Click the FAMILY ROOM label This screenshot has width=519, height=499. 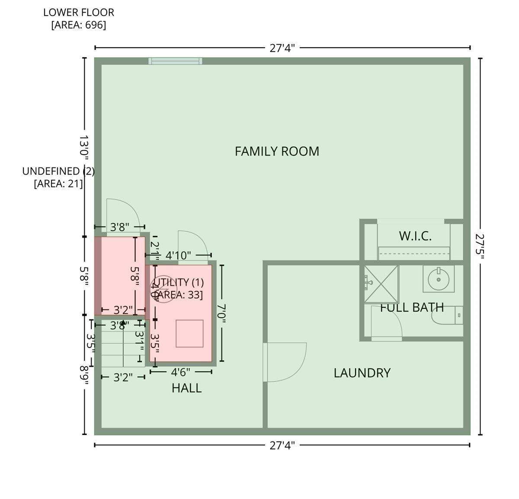pos(277,151)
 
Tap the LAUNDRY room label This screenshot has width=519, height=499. pos(362,373)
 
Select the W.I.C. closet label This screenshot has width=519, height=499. pos(415,236)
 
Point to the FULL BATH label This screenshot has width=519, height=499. pos(412,308)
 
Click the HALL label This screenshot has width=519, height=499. pos(186,388)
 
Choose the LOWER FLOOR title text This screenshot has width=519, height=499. pos(79,13)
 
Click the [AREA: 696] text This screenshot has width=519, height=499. pos(79,25)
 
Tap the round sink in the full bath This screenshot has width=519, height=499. pos(439,279)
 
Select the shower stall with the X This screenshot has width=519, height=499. pos(381,283)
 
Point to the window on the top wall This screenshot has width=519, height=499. pos(175,61)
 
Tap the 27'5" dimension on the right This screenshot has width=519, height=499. pos(480,246)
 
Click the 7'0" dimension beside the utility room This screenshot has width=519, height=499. pos(221,313)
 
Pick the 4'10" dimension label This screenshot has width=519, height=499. pos(178,256)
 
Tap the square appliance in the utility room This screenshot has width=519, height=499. pos(189,333)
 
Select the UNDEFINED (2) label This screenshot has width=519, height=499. pos(58,171)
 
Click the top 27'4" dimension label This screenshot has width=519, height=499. pos(282,48)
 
